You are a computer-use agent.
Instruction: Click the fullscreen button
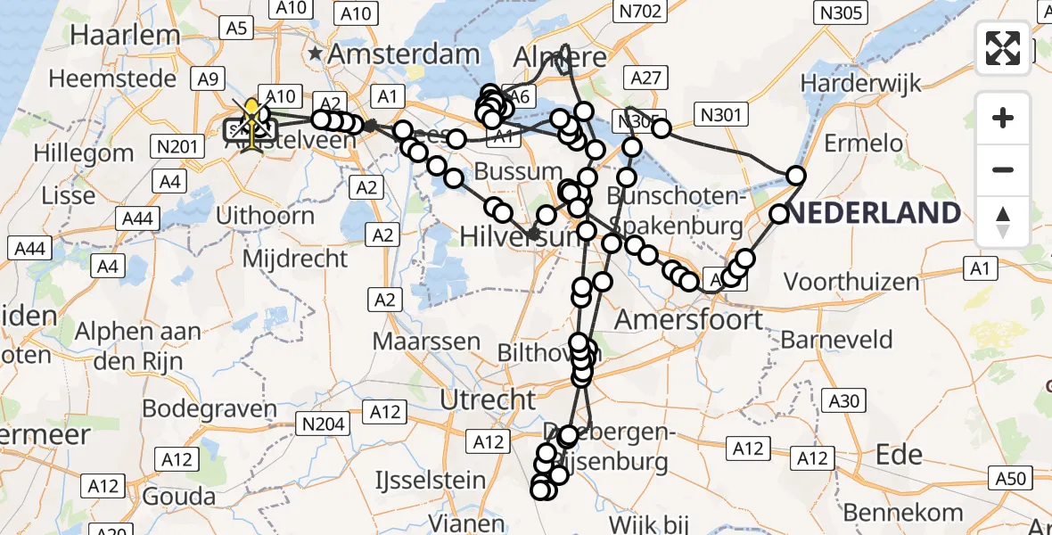coord(1003,47)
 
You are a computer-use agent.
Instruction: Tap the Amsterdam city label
coord(404,54)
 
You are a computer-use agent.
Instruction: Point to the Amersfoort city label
coord(689,319)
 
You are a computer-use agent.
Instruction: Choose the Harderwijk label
coord(859,82)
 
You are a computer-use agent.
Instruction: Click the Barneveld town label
coord(837,340)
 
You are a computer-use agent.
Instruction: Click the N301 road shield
coord(723,114)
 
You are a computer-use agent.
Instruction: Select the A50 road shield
coord(1010,479)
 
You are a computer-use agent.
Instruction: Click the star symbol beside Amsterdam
coord(316,54)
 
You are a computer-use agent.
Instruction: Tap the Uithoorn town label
coord(266,216)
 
